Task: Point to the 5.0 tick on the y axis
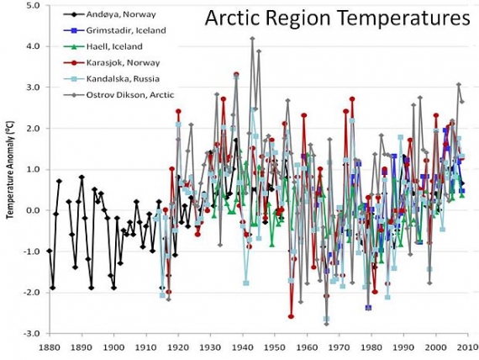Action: pos(32,5)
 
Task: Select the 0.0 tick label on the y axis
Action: pos(32,210)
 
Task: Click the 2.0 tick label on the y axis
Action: pos(32,129)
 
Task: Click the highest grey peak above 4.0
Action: pos(252,39)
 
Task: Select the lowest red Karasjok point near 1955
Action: pos(291,316)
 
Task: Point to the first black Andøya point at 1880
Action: pos(49,251)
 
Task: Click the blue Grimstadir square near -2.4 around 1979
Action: pos(368,308)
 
